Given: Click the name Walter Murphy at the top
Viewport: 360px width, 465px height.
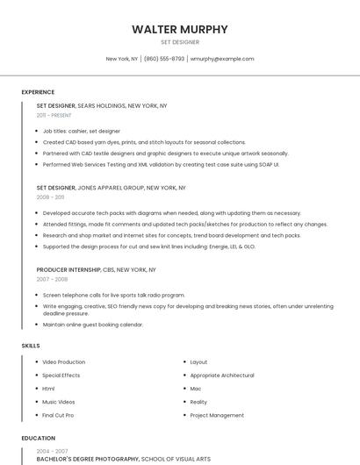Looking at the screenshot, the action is [180, 29].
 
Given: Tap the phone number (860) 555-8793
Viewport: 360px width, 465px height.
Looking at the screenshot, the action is [164, 59].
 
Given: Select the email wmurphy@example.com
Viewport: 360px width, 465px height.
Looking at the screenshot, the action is [222, 59].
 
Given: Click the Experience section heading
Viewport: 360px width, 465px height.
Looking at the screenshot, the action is [38, 92].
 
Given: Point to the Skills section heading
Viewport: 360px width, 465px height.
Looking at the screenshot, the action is [31, 346].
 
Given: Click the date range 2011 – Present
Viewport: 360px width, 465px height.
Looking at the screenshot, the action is [54, 115].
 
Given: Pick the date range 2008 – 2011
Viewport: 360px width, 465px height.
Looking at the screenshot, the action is [51, 197].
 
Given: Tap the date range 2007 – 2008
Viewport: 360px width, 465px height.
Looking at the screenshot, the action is [52, 279].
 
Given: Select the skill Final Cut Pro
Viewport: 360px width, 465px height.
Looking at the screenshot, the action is [58, 415].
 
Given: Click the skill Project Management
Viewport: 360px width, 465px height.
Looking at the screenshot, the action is [217, 415].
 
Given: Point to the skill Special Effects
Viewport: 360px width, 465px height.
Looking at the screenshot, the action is [61, 376].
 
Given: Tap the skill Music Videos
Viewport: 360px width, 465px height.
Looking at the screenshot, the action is [59, 402].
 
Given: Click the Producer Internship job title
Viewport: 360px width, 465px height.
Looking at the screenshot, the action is [69, 269].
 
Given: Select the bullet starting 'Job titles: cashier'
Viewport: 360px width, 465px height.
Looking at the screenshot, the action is [82, 131].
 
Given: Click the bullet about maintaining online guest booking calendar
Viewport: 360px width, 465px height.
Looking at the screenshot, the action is [92, 325].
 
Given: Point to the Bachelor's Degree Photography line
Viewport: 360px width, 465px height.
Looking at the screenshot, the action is [88, 459].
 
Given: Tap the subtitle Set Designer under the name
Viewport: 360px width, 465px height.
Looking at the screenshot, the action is [180, 42].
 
